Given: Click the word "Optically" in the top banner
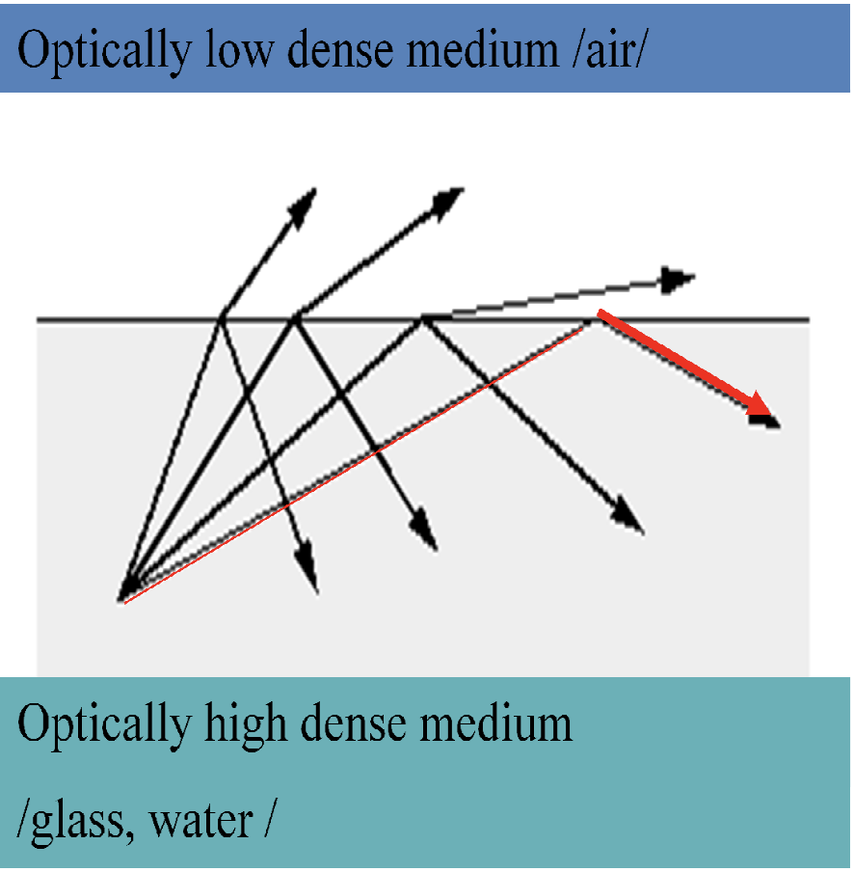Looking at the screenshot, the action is pyautogui.click(x=101, y=50).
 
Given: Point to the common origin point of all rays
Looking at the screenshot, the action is pyautogui.click(x=121, y=599).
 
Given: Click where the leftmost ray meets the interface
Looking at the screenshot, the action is pyautogui.click(x=221, y=317).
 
